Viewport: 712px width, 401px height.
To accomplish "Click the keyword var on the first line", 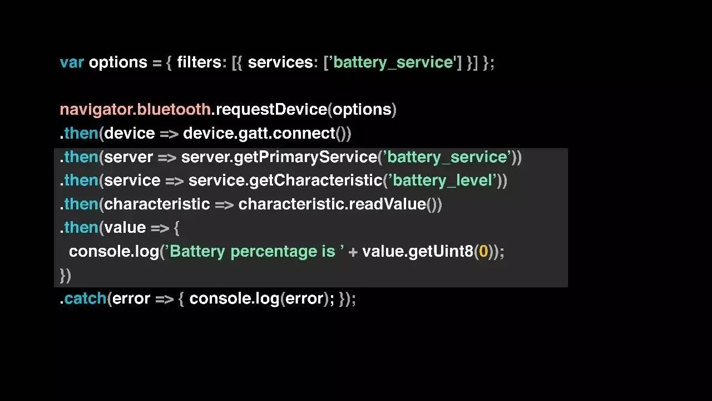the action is pyautogui.click(x=72, y=62).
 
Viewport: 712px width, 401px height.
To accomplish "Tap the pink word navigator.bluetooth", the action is pyautogui.click(x=135, y=109).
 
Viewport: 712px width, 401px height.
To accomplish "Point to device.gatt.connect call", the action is pyautogui.click(x=259, y=134).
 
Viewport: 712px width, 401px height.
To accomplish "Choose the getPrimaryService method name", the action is pyautogui.click(x=305, y=157).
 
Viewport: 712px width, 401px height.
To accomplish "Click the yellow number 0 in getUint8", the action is pyautogui.click(x=483, y=251).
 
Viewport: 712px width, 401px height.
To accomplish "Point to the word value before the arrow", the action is pyautogui.click(x=125, y=227).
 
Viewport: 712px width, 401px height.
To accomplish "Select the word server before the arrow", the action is pyautogui.click(x=128, y=157).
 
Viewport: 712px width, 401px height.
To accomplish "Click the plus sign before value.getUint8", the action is pyautogui.click(x=353, y=252).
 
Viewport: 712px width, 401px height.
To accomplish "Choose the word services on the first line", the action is pyautogui.click(x=280, y=62).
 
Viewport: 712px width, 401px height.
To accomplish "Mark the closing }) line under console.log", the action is pyautogui.click(x=66, y=275).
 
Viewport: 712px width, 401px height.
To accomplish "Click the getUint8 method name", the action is pyautogui.click(x=441, y=251).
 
